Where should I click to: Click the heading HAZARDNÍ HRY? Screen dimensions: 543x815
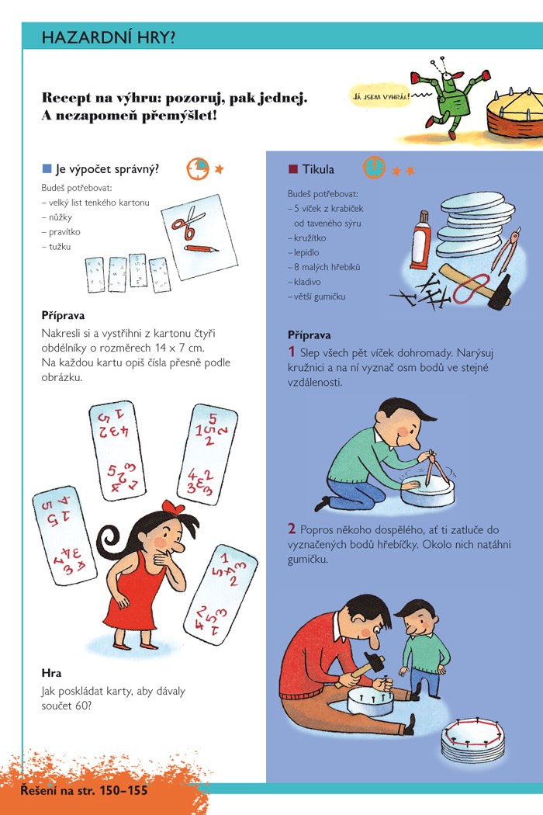[x=108, y=37]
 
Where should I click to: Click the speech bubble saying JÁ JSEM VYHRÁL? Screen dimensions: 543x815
[x=381, y=97]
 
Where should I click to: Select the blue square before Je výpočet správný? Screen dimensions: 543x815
[x=47, y=169]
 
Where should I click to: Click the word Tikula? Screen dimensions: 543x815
[x=318, y=169]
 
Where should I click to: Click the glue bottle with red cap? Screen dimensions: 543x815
[x=420, y=240]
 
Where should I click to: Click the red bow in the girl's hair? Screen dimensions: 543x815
[x=172, y=507]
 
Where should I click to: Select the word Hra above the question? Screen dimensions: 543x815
[x=51, y=673]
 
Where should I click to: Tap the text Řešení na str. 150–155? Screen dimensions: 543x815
[x=85, y=791]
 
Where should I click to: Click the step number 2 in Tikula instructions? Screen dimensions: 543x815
[x=292, y=529]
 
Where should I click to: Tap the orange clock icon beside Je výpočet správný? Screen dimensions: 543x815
[x=198, y=168]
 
